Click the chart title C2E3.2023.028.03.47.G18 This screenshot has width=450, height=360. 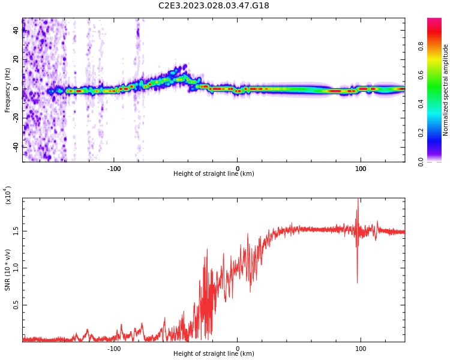pos(214,6)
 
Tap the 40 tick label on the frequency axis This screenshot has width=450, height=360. pos(16,30)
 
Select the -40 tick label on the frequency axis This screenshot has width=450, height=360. pos(16,146)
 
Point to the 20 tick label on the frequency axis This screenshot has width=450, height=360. pos(16,59)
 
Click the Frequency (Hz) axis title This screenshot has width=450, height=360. pos(7,90)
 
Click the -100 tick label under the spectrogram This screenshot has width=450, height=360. pos(114,168)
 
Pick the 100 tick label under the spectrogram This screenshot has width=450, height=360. pos(361,168)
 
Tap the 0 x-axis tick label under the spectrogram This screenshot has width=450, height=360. pos(238,168)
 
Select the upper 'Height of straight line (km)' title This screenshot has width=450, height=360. pos(214,174)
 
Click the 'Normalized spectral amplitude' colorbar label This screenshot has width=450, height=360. pos(446,90)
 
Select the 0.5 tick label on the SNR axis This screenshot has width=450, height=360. pos(16,305)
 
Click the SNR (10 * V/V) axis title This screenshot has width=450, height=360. pos(7,270)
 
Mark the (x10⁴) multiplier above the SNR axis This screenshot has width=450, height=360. pos(8,196)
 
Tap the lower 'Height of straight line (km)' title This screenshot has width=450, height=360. pos(214,354)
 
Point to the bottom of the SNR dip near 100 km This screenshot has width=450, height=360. pos(358,282)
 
